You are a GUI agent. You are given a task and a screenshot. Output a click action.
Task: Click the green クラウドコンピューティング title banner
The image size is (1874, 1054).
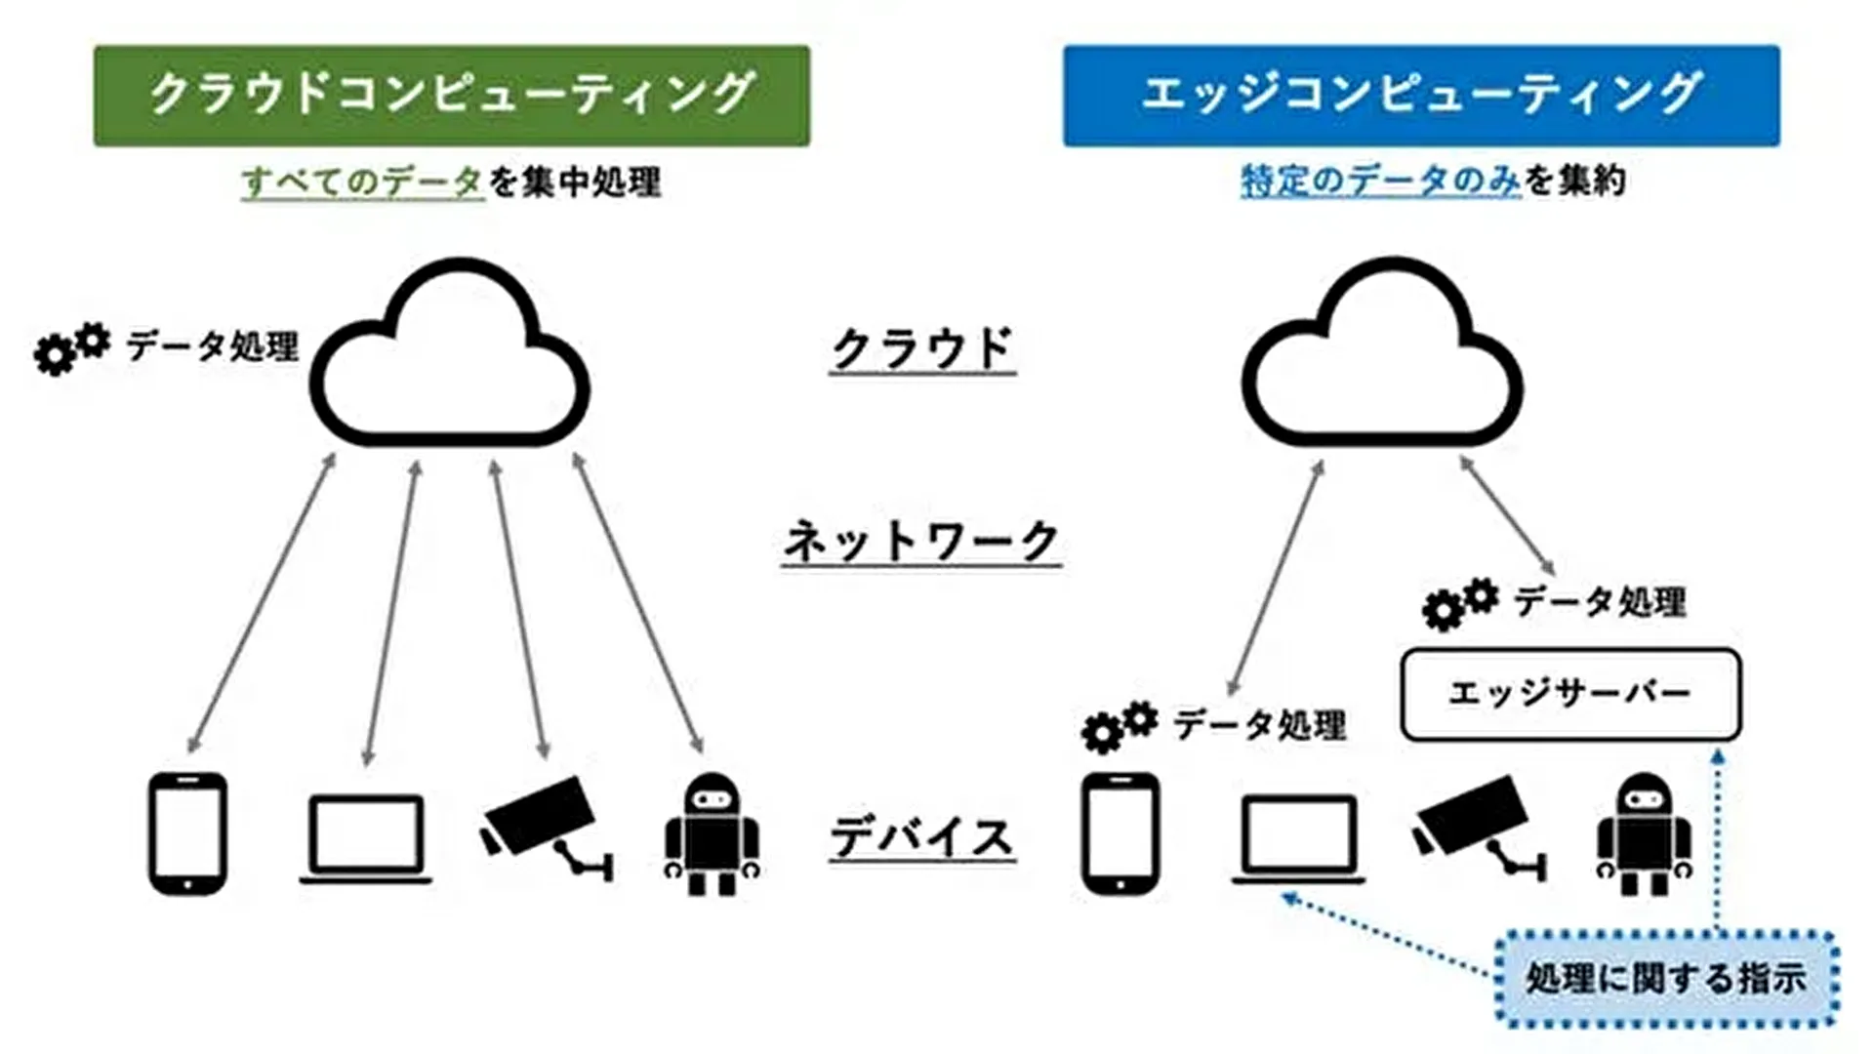pos(451,96)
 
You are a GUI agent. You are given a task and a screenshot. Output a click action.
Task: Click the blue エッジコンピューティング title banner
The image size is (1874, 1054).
pos(1421,96)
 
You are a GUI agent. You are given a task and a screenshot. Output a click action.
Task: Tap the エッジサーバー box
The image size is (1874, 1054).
pos(1570,694)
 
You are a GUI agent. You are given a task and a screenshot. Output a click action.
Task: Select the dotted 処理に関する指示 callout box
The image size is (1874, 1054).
pos(1666,979)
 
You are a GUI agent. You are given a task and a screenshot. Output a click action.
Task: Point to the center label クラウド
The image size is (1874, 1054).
pos(922,348)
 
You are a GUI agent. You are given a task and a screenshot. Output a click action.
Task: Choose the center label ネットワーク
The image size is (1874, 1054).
pos(921,542)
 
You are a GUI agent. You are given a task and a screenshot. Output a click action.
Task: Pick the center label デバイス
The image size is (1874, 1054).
pos(922,837)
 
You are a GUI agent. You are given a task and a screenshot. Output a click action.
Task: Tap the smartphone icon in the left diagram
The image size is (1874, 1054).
pos(187,833)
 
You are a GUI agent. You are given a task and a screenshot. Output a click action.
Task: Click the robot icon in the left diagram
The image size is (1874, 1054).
pos(712,834)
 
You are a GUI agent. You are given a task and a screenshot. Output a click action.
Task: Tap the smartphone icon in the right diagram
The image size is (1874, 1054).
pos(1120,833)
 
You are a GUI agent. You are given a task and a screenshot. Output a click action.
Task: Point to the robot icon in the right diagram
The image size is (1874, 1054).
pos(1645,834)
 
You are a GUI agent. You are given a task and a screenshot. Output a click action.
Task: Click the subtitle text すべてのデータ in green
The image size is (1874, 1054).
pos(362,182)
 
